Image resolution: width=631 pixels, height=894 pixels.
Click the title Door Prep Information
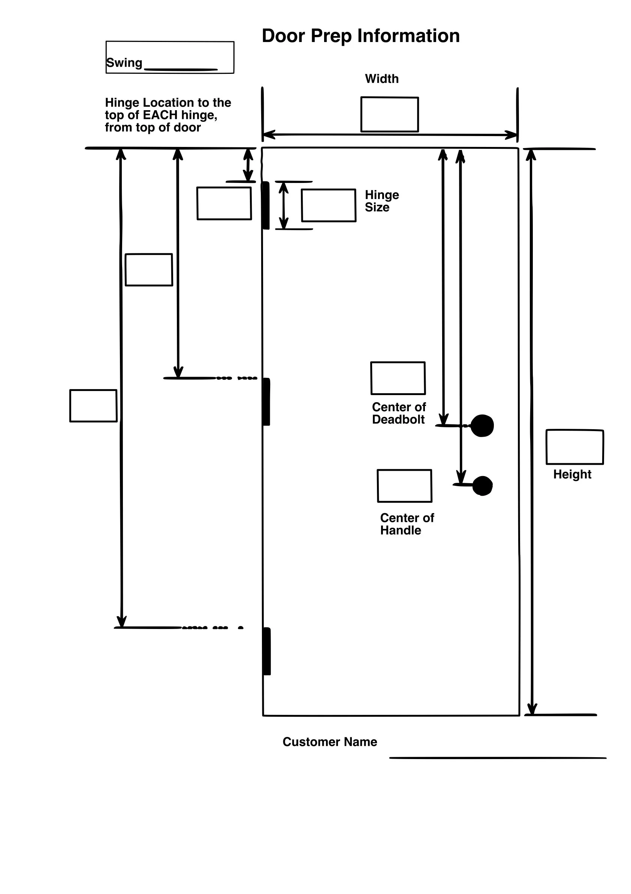(x=360, y=36)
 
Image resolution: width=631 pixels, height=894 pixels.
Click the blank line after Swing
(x=181, y=69)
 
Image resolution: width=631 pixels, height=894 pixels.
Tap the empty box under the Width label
(x=389, y=114)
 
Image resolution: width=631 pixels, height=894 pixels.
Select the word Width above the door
(x=381, y=79)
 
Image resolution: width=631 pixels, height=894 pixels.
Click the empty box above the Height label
(x=574, y=447)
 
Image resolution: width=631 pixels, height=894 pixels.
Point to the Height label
(x=572, y=474)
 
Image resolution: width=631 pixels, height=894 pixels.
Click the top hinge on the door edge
(x=266, y=205)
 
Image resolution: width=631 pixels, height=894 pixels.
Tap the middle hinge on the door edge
(x=266, y=401)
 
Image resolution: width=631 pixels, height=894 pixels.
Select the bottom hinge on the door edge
(x=267, y=651)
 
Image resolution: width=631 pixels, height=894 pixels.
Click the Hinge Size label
(x=381, y=201)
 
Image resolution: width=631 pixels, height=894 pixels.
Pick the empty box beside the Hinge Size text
(x=329, y=205)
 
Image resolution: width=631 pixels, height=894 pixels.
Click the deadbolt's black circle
(x=482, y=425)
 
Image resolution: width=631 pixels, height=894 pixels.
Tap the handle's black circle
(x=483, y=485)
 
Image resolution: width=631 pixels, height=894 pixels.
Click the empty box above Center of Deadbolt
(x=398, y=378)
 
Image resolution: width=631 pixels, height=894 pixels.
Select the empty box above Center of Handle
(x=404, y=485)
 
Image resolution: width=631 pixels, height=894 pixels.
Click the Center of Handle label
(x=407, y=524)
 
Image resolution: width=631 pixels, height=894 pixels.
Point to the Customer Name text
(x=330, y=742)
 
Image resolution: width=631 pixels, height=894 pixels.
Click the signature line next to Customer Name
(x=498, y=758)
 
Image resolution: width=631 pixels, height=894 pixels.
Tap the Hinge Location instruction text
(x=167, y=115)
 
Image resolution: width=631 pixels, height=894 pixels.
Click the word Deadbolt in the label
(x=398, y=419)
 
